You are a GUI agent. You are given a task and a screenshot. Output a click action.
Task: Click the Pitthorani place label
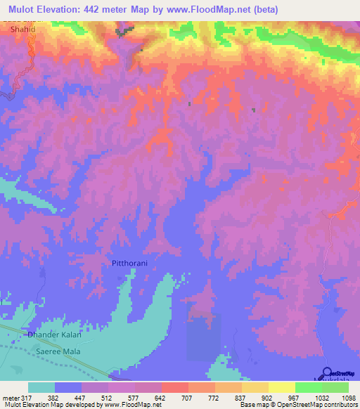click(x=133, y=263)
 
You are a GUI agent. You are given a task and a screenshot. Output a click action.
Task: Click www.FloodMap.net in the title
click(x=211, y=10)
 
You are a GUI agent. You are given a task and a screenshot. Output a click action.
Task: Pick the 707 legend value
click(x=188, y=397)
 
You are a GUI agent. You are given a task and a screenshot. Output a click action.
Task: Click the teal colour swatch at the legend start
click(x=41, y=387)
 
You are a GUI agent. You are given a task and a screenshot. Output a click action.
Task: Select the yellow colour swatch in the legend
click(x=281, y=387)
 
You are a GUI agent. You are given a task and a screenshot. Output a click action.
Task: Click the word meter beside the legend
click(x=10, y=397)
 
